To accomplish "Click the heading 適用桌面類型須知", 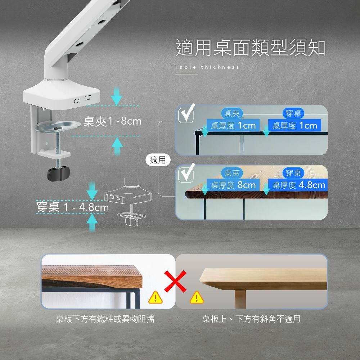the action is pos(251,48).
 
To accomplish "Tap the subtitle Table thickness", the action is pos(207,67).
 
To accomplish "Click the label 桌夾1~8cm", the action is pos(112,122).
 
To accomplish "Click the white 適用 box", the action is pos(158,160).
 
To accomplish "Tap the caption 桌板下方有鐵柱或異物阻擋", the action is pos(105,319).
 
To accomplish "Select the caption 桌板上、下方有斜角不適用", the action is pos(251,319).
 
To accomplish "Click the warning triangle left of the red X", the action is pos(155,297).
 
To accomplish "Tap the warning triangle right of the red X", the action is pos(197,297).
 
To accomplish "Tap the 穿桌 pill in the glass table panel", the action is pos(293,114).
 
